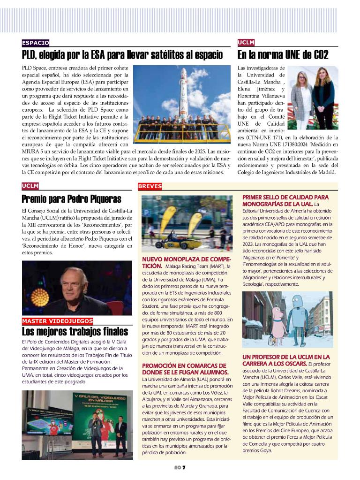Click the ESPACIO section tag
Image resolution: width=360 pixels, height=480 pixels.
tap(36, 43)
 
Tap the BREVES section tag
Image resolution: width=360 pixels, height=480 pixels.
tap(150, 186)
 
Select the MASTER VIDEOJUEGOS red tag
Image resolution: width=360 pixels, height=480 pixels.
tap(58, 321)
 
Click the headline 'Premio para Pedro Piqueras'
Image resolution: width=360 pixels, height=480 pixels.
tap(71, 199)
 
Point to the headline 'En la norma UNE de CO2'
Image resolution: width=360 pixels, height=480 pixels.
tap(283, 55)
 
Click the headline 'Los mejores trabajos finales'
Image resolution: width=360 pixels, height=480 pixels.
tap(75, 332)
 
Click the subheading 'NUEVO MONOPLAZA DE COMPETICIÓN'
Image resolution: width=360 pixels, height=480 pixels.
tap(186, 262)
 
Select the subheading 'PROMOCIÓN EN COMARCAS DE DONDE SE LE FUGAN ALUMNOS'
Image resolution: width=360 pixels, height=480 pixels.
tap(184, 369)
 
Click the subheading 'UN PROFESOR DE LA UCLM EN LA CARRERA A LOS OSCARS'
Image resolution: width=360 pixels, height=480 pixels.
tap(285, 360)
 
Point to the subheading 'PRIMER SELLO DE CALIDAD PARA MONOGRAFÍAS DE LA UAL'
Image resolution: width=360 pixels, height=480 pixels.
tap(285, 200)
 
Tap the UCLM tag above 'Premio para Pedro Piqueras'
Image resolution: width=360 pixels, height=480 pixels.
tap(30, 186)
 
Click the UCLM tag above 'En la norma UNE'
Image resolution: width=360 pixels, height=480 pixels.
tap(246, 43)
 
